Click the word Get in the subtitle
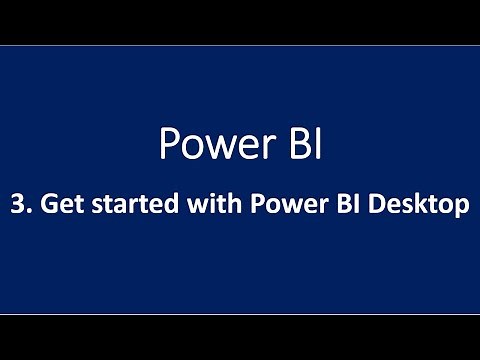coord(58,206)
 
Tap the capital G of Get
coord(45,206)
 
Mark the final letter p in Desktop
coord(461,209)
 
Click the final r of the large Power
coord(259,149)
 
